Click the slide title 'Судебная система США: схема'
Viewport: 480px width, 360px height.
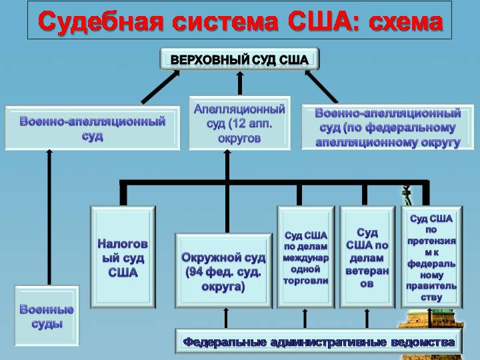(240, 21)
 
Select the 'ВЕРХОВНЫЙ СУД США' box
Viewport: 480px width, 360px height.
(239, 59)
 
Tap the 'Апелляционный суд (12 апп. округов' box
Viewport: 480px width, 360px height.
(239, 123)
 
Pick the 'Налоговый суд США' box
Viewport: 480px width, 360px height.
(123, 257)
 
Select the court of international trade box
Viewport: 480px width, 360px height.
(306, 257)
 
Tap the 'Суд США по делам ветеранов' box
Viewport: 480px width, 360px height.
(367, 257)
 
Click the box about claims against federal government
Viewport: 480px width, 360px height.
(431, 257)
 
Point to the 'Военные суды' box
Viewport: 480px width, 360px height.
(47, 316)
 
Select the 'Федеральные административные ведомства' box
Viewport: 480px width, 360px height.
(319, 342)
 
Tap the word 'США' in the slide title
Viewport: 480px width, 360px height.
(317, 21)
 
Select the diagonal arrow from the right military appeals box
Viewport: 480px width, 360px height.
(321, 85)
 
